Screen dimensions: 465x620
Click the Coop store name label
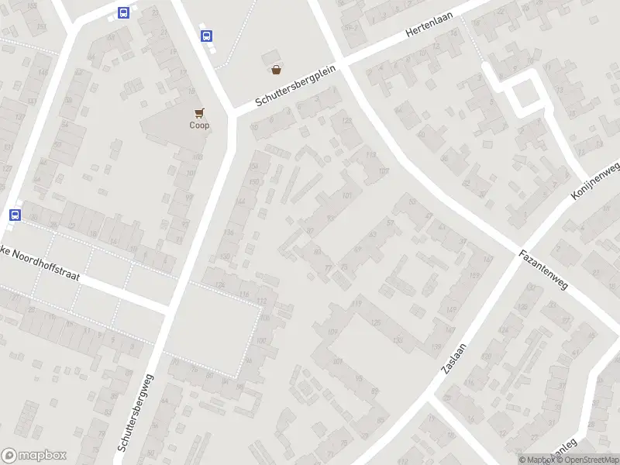(x=199, y=126)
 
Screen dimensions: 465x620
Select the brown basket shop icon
(x=276, y=70)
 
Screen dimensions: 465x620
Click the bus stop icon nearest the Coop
(x=206, y=36)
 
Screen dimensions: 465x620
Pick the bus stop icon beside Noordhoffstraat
(x=15, y=215)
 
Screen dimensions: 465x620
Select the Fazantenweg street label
(x=544, y=269)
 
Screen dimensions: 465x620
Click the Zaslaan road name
(x=454, y=359)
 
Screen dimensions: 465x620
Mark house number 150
(x=253, y=181)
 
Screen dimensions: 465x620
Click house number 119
(x=356, y=304)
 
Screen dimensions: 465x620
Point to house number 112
(x=262, y=301)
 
